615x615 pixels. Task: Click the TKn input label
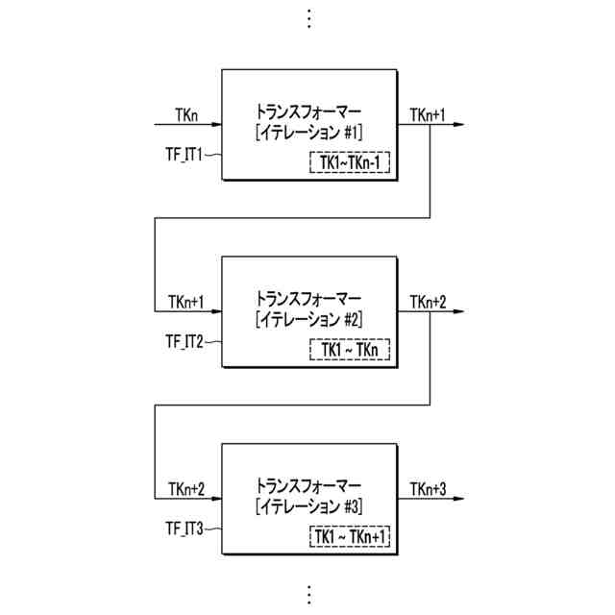point(186,115)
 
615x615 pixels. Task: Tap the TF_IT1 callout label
point(184,153)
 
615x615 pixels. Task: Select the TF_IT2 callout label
point(184,340)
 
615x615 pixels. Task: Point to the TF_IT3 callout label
point(184,528)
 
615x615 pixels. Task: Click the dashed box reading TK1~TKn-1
point(350,162)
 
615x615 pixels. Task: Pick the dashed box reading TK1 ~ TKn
point(350,350)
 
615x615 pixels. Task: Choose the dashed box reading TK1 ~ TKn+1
point(350,537)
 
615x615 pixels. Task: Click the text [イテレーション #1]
point(308,131)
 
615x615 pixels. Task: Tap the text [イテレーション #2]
point(308,318)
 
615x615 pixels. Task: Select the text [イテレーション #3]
point(308,505)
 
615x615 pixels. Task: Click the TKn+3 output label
point(427,490)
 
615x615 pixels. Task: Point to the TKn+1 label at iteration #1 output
point(427,115)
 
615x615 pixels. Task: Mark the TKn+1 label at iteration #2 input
point(186,303)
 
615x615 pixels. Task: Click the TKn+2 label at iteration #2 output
point(427,303)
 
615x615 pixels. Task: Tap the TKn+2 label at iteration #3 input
point(186,490)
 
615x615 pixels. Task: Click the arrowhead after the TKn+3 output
point(463,500)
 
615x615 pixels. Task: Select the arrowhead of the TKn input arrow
point(217,125)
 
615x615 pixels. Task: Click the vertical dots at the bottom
point(308,593)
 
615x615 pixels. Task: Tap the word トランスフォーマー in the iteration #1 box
point(308,110)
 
